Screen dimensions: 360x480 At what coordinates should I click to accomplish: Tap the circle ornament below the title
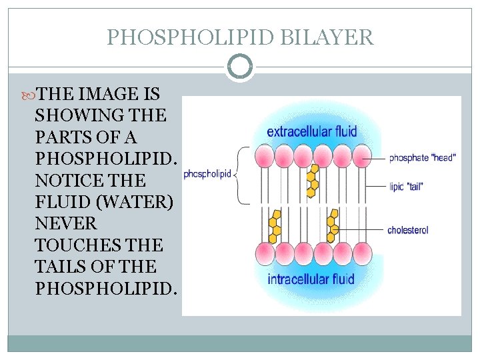[x=240, y=67]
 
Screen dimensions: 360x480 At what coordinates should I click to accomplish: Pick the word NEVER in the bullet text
[x=66, y=223]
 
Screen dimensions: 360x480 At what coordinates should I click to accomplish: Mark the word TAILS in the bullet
[x=64, y=267]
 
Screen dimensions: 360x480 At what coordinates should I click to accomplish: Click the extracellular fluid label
[x=312, y=131]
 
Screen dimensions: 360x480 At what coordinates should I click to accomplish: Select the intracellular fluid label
[x=311, y=278]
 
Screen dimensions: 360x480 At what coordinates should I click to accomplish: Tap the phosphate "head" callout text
[x=422, y=158]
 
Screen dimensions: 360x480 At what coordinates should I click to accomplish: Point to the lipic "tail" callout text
[x=406, y=187]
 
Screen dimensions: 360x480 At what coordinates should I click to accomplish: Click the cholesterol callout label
[x=407, y=230]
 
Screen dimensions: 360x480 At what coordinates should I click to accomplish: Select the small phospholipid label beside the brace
[x=207, y=174]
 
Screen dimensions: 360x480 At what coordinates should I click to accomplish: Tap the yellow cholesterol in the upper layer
[x=311, y=181]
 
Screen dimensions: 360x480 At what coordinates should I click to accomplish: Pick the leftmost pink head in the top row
[x=265, y=156]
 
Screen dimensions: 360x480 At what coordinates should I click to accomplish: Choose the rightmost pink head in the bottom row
[x=359, y=254]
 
